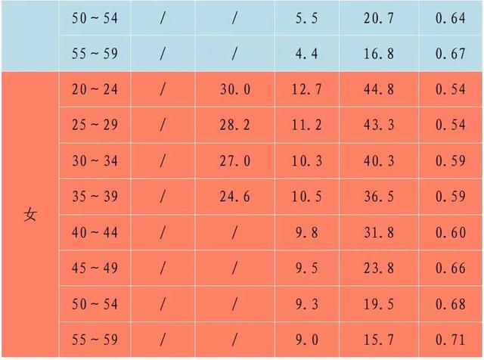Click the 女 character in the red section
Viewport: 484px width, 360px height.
click(30, 215)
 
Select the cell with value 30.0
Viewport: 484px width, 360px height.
click(235, 89)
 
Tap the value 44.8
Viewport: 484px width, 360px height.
click(379, 89)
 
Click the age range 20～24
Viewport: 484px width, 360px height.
click(95, 89)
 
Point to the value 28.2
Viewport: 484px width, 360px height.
click(234, 125)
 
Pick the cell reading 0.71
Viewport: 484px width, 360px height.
click(451, 340)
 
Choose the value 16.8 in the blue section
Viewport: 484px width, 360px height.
click(379, 54)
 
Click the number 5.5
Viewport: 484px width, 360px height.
click(306, 18)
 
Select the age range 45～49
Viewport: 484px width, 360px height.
click(95, 268)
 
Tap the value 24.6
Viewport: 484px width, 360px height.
click(234, 197)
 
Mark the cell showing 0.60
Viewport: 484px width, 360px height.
click(451, 232)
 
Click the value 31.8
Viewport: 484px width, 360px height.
click(379, 232)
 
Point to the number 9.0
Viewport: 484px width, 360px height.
click(307, 340)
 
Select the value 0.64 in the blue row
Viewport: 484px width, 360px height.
click(451, 18)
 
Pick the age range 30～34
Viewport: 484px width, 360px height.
click(95, 161)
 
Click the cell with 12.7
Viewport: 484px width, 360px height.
click(307, 89)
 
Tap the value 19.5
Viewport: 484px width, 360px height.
click(379, 304)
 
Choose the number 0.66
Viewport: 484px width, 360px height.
click(451, 268)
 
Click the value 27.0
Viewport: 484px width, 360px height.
click(235, 161)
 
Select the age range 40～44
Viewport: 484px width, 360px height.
click(95, 232)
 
